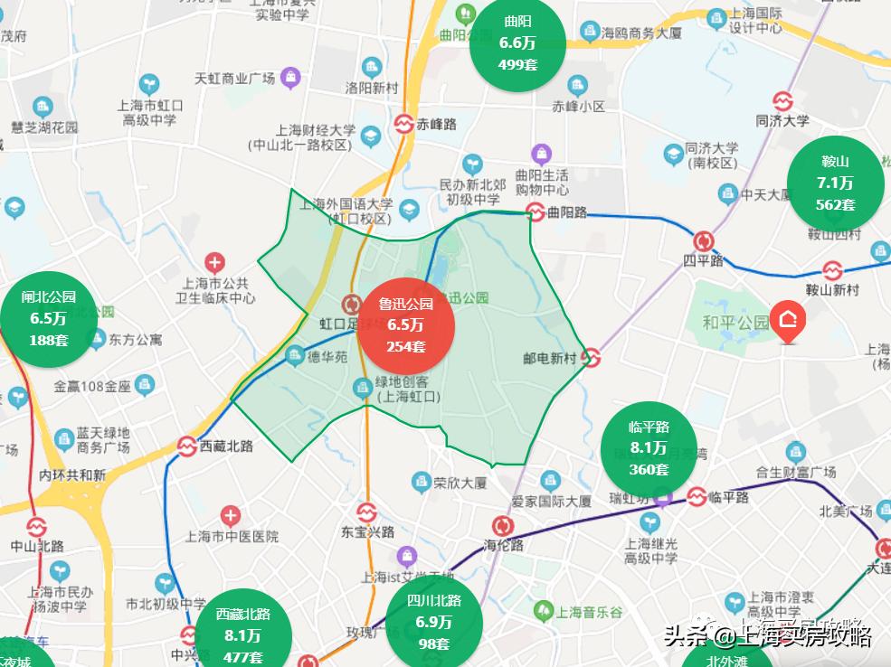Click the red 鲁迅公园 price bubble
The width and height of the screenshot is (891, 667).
(x=405, y=324)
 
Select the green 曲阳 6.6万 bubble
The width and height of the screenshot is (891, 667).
(x=517, y=42)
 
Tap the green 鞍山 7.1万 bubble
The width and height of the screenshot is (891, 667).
(x=835, y=183)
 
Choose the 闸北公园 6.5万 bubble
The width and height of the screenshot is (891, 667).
(x=48, y=318)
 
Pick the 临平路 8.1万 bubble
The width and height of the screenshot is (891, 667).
(x=649, y=448)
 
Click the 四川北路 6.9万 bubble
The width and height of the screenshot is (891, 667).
(x=433, y=622)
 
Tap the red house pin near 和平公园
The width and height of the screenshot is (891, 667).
(x=789, y=323)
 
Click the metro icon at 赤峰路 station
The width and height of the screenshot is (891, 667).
(x=402, y=125)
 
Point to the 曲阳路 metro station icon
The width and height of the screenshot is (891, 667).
(x=536, y=212)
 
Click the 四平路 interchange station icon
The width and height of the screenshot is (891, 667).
(x=703, y=241)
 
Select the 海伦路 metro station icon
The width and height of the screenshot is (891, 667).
(x=502, y=525)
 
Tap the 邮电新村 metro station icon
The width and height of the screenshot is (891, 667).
(x=591, y=358)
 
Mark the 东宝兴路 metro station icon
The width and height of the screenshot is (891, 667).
(x=366, y=512)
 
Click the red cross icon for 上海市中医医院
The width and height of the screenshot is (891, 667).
(x=231, y=517)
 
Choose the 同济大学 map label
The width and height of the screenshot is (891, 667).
(x=782, y=119)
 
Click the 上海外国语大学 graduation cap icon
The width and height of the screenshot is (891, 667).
(x=409, y=210)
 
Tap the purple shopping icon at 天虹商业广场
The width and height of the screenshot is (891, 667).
(x=289, y=78)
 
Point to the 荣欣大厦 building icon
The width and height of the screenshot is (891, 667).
(x=421, y=481)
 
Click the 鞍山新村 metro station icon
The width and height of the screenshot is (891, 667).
(x=832, y=270)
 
